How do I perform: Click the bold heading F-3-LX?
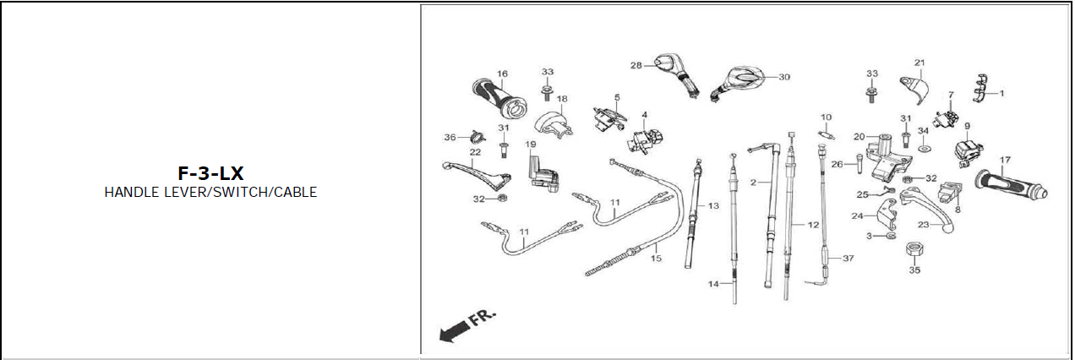tap(210, 173)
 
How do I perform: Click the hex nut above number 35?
tap(913, 249)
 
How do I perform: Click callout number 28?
tap(636, 65)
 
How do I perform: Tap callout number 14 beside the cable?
tap(713, 285)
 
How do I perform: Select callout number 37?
tap(849, 259)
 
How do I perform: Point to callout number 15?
tap(656, 259)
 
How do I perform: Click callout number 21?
tap(919, 63)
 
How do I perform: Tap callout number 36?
tap(450, 137)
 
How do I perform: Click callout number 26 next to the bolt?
tap(837, 164)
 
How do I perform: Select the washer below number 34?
tap(923, 149)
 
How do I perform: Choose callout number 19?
tap(531, 145)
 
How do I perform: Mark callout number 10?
tap(826, 117)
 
